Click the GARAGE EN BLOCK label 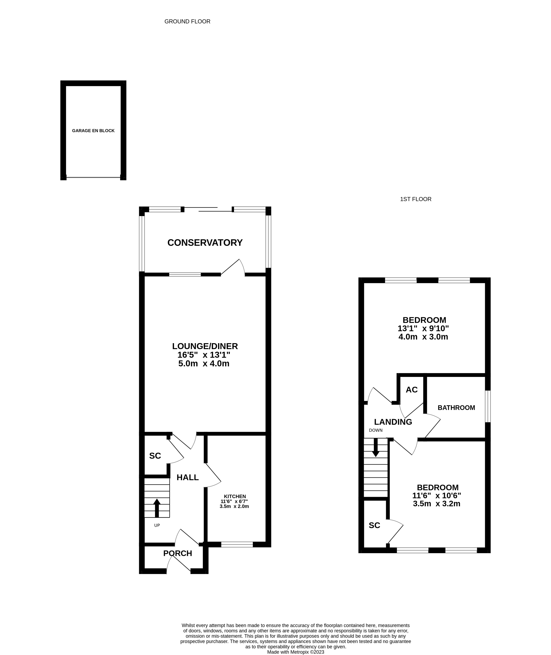tap(93, 131)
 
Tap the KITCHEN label tap(235, 496)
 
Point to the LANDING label tap(393, 422)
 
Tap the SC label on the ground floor tap(155, 456)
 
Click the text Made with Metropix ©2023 tap(296, 652)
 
